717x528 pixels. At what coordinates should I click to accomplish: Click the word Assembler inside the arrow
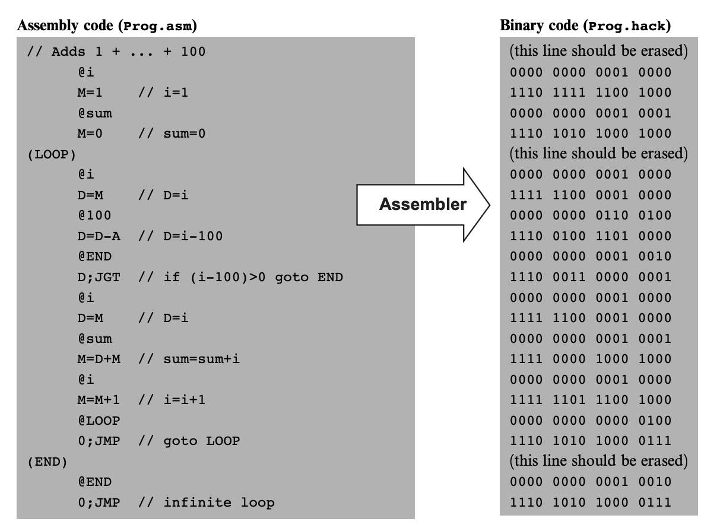[423, 205]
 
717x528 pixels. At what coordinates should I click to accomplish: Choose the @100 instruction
[94, 215]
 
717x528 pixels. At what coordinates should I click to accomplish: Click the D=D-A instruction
[99, 236]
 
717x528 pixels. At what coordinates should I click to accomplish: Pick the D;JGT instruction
[99, 277]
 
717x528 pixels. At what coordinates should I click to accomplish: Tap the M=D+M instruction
[99, 359]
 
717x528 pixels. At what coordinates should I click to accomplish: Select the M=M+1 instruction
[99, 400]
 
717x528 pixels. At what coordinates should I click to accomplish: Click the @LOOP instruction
[99, 421]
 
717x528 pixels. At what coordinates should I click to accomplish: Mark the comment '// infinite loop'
[207, 502]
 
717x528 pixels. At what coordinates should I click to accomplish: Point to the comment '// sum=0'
[172, 134]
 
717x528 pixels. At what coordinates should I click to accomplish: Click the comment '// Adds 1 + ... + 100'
[116, 52]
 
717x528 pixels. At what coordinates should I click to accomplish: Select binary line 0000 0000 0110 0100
[591, 215]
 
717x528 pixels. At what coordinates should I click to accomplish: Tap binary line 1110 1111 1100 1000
[591, 93]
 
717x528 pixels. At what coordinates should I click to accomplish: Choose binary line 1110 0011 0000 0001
[591, 277]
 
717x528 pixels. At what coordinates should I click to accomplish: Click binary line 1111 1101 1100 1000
[591, 400]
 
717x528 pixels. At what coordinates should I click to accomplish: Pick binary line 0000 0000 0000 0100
[591, 421]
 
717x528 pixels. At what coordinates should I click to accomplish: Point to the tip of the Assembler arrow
[488, 205]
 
